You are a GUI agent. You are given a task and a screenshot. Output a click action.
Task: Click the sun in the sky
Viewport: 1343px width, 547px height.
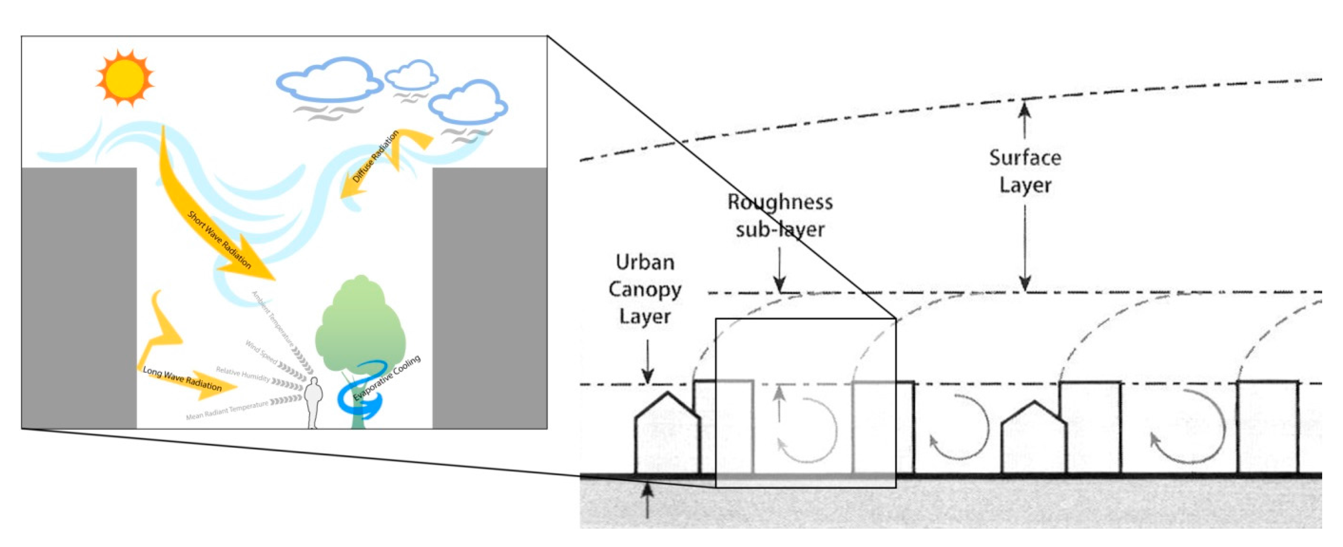click(125, 78)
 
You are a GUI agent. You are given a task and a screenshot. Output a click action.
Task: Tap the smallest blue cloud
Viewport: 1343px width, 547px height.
click(412, 75)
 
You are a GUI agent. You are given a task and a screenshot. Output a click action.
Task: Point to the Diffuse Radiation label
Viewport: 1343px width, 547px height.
click(376, 156)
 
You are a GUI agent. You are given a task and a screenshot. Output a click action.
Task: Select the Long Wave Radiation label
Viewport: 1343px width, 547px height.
click(183, 379)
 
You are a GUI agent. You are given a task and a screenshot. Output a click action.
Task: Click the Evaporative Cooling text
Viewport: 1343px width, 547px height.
click(387, 378)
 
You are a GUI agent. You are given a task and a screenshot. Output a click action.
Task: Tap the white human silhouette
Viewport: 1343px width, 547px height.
click(313, 402)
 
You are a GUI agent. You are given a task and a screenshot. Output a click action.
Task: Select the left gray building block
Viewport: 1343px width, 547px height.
click(79, 297)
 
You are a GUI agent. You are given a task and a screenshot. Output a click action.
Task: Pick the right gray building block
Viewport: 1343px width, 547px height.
click(489, 297)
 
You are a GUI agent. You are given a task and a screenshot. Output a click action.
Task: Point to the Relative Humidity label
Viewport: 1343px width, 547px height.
click(243, 374)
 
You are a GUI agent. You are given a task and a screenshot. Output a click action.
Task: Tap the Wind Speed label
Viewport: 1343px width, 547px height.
click(261, 352)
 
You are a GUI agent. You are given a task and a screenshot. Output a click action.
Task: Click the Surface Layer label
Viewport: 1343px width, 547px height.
click(1025, 171)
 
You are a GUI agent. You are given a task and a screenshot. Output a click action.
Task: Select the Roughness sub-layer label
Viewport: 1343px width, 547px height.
click(780, 216)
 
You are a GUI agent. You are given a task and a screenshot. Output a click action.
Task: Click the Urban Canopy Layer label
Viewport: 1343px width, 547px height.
click(644, 289)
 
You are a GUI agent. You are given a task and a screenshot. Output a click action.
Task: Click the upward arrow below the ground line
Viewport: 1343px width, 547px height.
click(647, 501)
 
